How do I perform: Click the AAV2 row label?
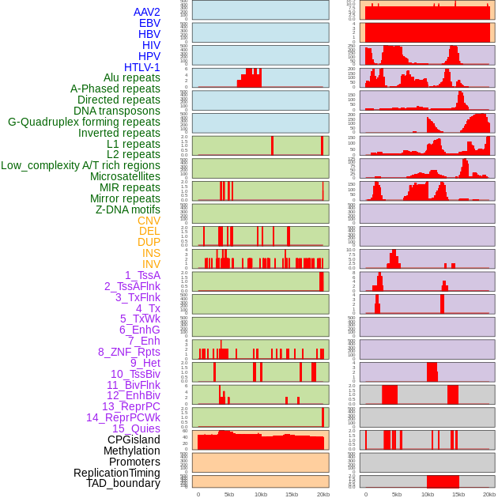pyautogui.click(x=147, y=12)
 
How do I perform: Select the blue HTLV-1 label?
pyautogui.click(x=142, y=67)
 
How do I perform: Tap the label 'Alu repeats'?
pyautogui.click(x=132, y=78)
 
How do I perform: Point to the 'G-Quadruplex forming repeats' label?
pyautogui.click(x=84, y=122)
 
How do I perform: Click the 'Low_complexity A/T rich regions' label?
pyautogui.click(x=81, y=165)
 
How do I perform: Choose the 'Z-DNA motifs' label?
pyautogui.click(x=128, y=209)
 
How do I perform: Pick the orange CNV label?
pyautogui.click(x=149, y=221)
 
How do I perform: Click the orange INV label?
pyautogui.click(x=151, y=264)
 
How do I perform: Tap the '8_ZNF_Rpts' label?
pyautogui.click(x=129, y=352)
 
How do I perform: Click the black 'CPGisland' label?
pyautogui.click(x=134, y=440)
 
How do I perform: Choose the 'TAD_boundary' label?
pyautogui.click(x=123, y=483)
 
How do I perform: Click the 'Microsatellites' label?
pyautogui.click(x=125, y=176)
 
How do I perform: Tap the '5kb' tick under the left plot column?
pyautogui.click(x=229, y=494)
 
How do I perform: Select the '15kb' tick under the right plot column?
pyautogui.click(x=457, y=494)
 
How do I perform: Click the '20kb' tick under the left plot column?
pyautogui.click(x=323, y=494)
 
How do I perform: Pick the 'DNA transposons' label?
pyautogui.click(x=117, y=111)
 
